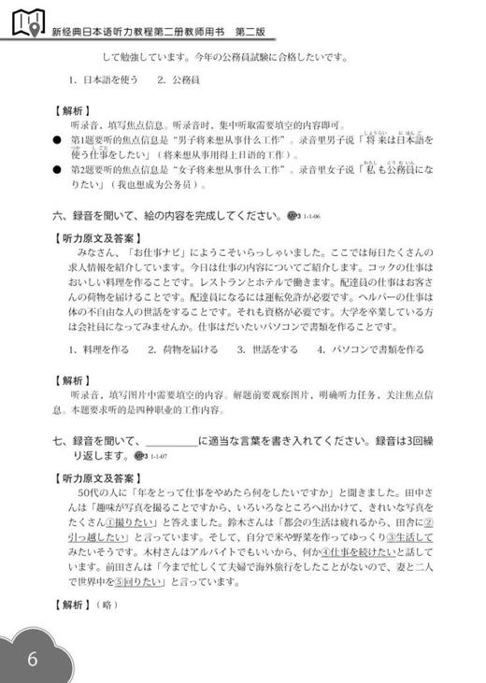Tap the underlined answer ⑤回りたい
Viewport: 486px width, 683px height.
coord(143,582)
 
